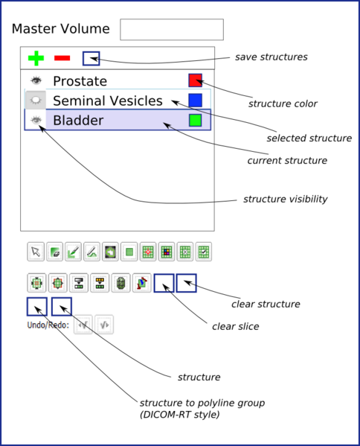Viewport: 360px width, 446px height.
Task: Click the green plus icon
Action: coord(36,57)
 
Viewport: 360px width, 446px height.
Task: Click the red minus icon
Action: coord(62,57)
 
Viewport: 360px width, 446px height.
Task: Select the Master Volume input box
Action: coord(171,29)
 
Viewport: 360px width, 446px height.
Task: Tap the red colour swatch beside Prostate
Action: coord(196,80)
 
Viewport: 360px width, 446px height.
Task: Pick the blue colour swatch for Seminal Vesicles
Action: coord(196,100)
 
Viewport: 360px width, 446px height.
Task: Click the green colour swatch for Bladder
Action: coord(196,119)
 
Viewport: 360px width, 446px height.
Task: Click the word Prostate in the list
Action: coord(80,81)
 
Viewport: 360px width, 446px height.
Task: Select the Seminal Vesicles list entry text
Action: coord(107,101)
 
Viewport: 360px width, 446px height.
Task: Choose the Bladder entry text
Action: coord(77,120)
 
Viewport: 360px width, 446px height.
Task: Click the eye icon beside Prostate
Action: coord(36,80)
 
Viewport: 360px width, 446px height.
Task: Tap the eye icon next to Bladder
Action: coord(36,119)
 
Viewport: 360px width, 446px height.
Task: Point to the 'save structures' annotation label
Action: coord(271,57)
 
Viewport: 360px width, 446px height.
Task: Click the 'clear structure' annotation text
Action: coord(266,304)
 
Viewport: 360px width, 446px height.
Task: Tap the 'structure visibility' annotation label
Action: coord(286,200)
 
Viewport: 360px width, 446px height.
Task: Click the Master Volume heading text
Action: coord(60,29)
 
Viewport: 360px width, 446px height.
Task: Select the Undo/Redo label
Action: coord(48,325)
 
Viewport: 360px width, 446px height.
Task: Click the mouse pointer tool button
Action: coord(36,252)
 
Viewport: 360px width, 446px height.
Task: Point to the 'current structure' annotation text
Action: coord(286,160)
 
